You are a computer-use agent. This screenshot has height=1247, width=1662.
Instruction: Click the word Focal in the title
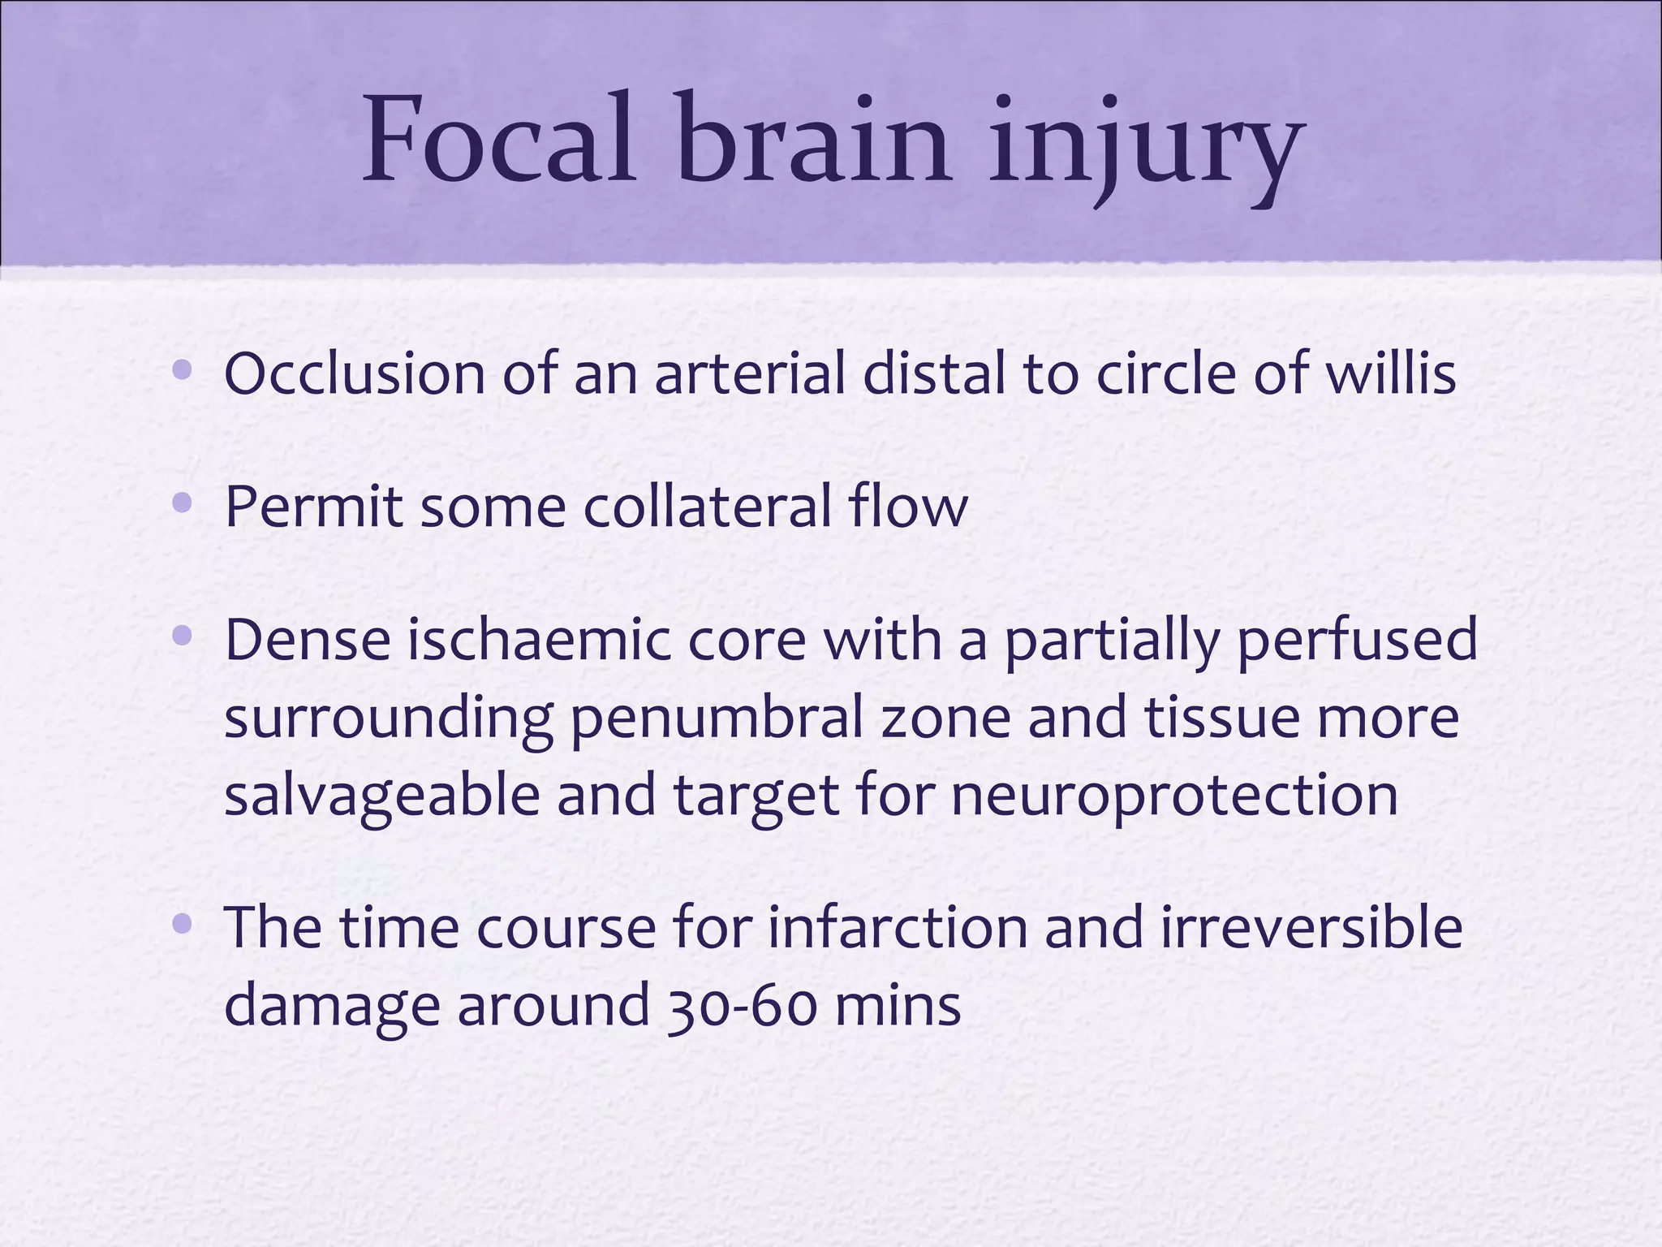point(497,140)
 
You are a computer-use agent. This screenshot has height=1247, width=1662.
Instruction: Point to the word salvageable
point(381,796)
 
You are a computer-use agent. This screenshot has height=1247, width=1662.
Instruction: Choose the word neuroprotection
point(1174,796)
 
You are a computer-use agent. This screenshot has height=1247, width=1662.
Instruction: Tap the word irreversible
point(1311,927)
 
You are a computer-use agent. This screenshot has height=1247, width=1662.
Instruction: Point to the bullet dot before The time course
point(183,924)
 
